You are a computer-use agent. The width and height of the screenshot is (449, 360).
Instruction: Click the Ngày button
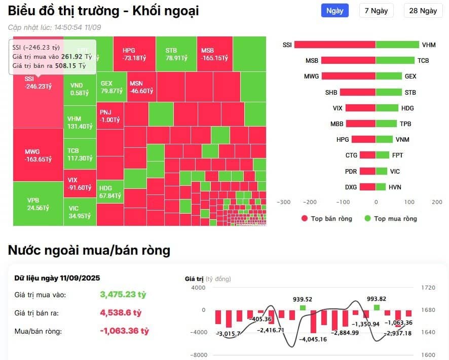click(334, 11)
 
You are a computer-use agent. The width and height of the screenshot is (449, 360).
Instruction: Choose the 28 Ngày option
click(423, 11)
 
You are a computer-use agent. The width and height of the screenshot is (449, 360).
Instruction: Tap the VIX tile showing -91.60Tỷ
click(80, 183)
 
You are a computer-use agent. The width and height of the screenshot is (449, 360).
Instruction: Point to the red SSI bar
click(334, 45)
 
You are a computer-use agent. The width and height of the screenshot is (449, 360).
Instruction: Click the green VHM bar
click(397, 45)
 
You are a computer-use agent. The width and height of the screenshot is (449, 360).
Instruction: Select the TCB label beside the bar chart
click(423, 61)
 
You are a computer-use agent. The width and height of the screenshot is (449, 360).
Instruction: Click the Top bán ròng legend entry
click(328, 219)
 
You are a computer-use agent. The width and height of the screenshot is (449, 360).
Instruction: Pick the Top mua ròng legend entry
click(390, 219)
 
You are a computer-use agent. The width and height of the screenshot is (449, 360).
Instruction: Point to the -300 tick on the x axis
click(284, 202)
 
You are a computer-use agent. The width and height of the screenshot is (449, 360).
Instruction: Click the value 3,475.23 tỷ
click(123, 295)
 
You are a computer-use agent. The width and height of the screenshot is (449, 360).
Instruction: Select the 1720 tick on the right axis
click(429, 288)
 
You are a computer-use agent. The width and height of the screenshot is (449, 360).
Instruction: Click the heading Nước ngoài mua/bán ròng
click(89, 250)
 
